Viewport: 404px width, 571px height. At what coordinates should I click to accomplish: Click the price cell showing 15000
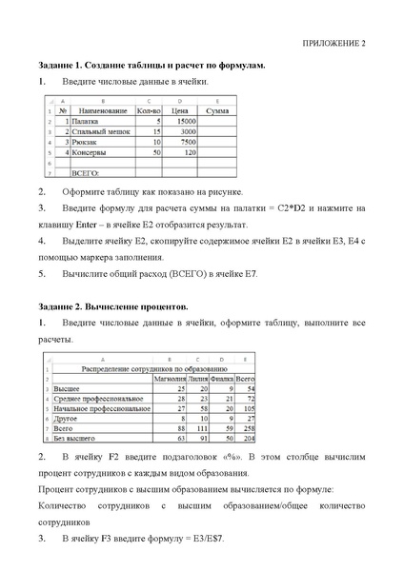click(x=184, y=122)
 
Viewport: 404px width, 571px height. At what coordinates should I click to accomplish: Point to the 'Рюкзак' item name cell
click(x=85, y=142)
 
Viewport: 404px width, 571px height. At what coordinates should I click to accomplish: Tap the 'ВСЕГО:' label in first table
click(x=87, y=173)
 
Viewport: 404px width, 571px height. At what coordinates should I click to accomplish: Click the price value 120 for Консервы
click(x=190, y=152)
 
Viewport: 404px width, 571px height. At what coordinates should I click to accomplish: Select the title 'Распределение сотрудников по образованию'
click(x=140, y=367)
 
